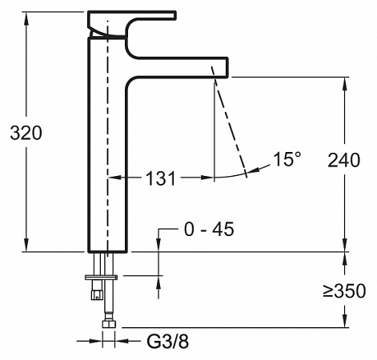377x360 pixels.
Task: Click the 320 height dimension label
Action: tap(26, 133)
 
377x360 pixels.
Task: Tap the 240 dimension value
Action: tap(344, 160)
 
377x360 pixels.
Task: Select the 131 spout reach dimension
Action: tap(161, 178)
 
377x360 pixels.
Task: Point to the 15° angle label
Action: tap(287, 159)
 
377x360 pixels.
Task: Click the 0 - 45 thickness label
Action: tap(209, 229)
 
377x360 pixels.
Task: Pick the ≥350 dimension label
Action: tap(344, 290)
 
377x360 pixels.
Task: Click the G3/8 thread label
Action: tap(168, 341)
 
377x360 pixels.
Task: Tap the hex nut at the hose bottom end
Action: tap(109, 324)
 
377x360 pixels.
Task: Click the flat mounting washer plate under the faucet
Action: tap(102, 278)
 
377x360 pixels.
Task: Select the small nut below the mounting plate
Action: tap(97, 294)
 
